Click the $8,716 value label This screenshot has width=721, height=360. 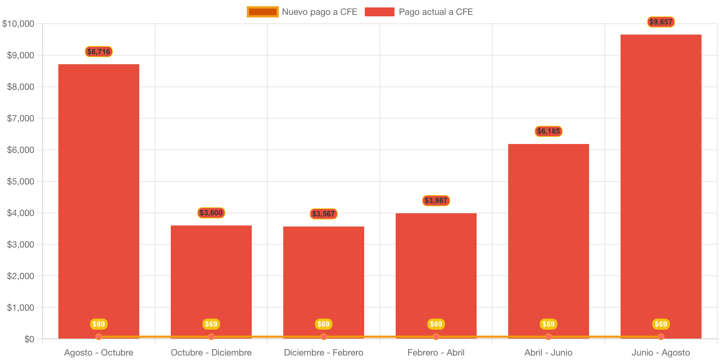pos(99,52)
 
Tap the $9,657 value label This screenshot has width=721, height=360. pos(661,22)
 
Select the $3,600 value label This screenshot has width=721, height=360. pos(211,213)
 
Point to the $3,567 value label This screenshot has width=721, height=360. pos(324,214)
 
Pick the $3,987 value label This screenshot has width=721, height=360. pos(436,200)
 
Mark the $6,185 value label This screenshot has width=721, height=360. pos(548,131)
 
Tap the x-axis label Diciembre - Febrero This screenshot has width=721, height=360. pos(324,353)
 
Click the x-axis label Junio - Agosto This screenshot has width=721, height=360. pos(661,353)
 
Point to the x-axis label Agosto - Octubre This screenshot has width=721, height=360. pos(99,353)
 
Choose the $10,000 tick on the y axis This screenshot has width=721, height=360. pos(18,24)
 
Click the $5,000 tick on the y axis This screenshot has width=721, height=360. pos(20,181)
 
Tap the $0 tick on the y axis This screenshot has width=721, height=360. pos(29,339)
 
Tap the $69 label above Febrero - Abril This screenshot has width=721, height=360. pos(436,324)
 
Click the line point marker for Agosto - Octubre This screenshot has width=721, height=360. pos(99,337)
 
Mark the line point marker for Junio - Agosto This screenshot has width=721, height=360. pos(661,337)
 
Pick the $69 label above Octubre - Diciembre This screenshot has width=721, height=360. pos(211,324)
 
